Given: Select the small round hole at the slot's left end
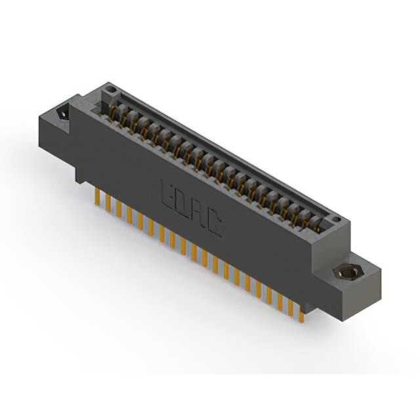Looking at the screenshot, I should click(x=110, y=90).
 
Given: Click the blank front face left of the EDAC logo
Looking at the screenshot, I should click(x=118, y=157).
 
